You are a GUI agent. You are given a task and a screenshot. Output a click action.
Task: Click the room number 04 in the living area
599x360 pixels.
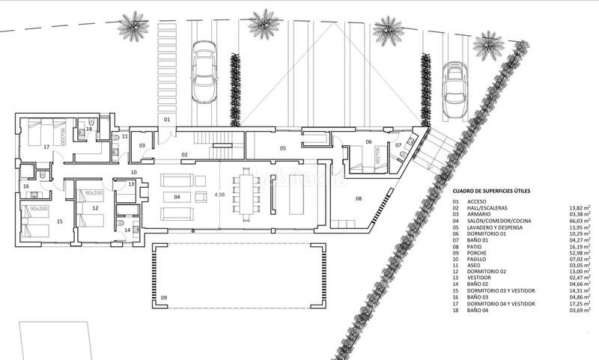pos(177,197)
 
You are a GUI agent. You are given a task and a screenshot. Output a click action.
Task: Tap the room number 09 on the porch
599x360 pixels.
pos(164,298)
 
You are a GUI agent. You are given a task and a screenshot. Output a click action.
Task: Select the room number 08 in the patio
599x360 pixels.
pos(359,198)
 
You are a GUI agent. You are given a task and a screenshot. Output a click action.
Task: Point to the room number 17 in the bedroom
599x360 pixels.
pos(46,147)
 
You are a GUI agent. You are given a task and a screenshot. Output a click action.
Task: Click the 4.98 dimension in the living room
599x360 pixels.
pos(220,195)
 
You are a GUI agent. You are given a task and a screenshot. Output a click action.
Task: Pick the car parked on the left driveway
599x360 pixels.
pos(205,73)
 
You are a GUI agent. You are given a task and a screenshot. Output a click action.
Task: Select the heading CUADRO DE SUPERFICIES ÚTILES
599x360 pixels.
pos(491,192)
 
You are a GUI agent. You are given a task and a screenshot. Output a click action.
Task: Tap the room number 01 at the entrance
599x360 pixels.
pos(167,120)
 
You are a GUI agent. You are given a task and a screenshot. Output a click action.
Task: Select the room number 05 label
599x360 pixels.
pos(283,148)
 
